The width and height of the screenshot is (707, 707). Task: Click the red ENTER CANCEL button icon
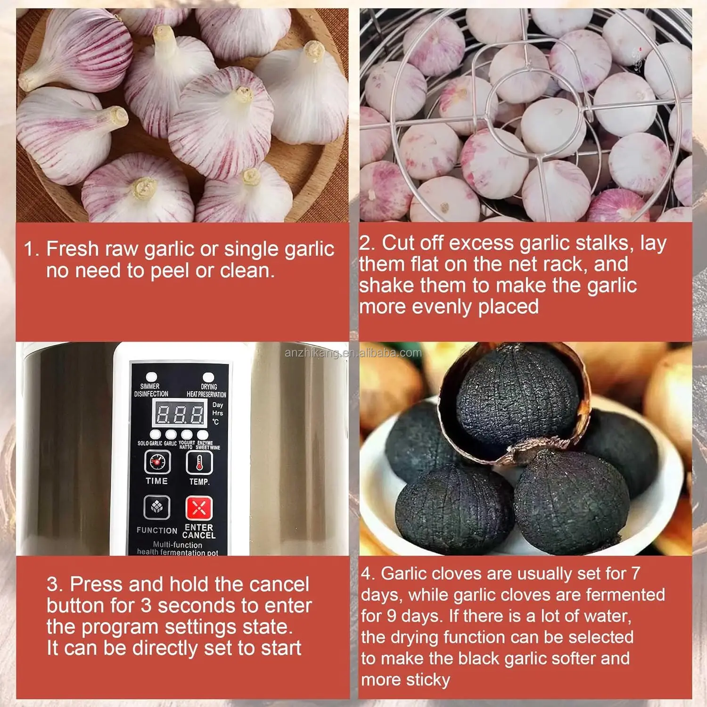[x=199, y=508]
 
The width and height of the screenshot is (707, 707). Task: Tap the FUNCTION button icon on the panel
[x=156, y=507]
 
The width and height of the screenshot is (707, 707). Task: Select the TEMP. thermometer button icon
[x=199, y=462]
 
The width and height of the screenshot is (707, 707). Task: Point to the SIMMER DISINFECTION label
[x=151, y=390]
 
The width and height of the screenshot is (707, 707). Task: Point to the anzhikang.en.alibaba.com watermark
[x=353, y=353]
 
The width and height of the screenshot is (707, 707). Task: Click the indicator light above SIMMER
[x=151, y=377]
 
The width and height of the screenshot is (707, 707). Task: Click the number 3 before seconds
[x=146, y=606]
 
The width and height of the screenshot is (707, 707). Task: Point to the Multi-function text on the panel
[x=177, y=545]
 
